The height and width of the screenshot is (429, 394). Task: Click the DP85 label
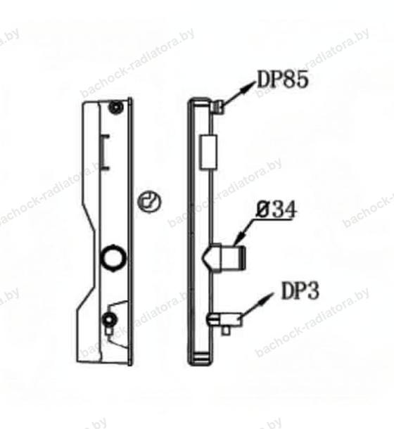click(x=283, y=79)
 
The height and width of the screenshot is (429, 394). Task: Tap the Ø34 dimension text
click(x=277, y=210)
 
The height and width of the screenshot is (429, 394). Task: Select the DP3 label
click(x=300, y=291)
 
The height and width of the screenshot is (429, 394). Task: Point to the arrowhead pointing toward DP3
click(x=265, y=298)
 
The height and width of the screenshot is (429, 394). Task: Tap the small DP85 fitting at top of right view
click(x=219, y=107)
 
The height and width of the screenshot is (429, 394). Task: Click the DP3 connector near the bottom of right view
click(x=224, y=319)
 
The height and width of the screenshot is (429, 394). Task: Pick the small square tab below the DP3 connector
click(x=226, y=331)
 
